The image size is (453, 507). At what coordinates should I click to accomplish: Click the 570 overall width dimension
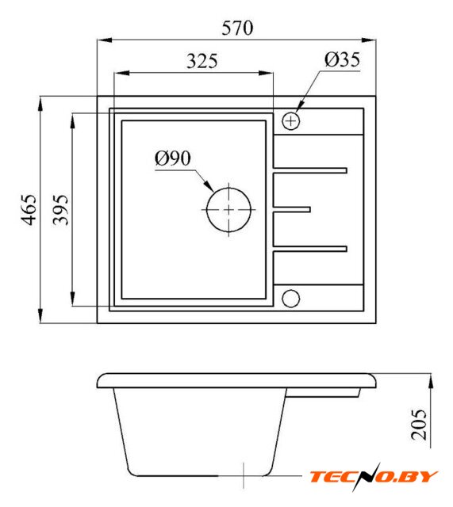click(237, 29)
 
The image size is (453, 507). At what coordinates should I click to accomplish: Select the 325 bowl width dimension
click(202, 61)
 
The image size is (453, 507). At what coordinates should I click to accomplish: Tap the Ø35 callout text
click(342, 59)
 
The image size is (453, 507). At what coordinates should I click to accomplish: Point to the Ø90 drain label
click(173, 158)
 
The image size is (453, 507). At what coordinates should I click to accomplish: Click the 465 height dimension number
click(29, 209)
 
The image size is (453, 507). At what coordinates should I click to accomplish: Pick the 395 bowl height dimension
click(61, 209)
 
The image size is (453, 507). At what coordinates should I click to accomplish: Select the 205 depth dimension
click(419, 425)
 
